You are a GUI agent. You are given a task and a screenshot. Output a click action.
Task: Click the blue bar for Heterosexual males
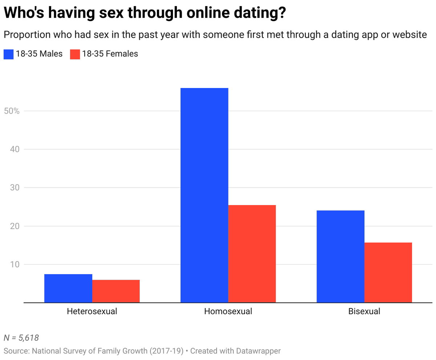tap(68, 288)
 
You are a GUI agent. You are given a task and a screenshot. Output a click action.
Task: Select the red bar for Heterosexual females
tap(116, 291)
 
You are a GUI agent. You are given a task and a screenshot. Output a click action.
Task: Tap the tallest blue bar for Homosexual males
tap(204, 195)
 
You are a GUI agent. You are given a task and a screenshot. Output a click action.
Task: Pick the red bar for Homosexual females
tap(252, 253)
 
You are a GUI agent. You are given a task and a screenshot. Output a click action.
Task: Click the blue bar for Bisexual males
tap(340, 256)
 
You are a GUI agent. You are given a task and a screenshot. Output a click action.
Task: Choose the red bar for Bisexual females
tap(388, 272)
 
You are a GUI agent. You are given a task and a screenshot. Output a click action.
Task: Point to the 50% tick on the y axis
tap(12, 111)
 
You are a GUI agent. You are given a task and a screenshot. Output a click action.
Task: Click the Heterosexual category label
tap(92, 312)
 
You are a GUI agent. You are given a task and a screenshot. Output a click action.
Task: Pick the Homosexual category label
tap(228, 312)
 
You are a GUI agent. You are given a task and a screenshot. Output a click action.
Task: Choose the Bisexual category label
tap(364, 312)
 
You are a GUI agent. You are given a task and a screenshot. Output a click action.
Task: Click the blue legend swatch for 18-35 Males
tap(8, 54)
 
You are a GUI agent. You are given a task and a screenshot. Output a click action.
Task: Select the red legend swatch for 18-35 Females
tap(74, 54)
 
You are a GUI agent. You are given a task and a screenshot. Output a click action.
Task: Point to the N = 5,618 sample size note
tap(21, 338)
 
